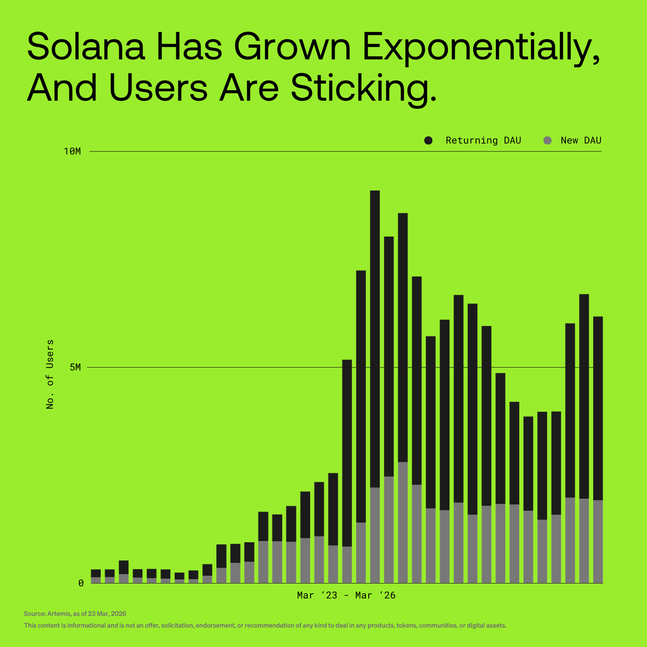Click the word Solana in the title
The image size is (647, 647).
86,47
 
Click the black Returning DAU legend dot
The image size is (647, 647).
429,141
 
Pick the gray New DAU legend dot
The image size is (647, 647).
548,141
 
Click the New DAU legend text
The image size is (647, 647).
581,141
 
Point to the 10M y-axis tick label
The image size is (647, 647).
72,152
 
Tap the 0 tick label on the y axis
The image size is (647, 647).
81,583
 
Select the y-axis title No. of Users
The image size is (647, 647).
50,374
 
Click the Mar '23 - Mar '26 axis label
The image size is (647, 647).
346,596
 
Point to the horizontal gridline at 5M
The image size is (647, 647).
216,368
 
